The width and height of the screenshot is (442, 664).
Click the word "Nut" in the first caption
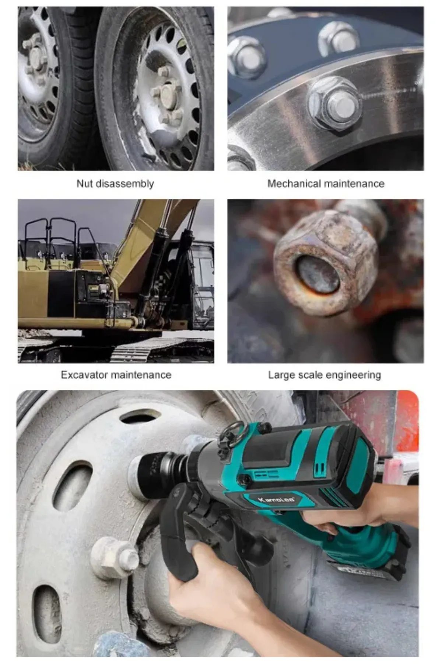pyautogui.click(x=84, y=183)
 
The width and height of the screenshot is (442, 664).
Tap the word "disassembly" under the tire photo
pyautogui.click(x=124, y=184)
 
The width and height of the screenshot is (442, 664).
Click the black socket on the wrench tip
pyautogui.click(x=151, y=472)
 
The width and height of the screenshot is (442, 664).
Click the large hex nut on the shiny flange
pyautogui.click(x=333, y=105)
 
